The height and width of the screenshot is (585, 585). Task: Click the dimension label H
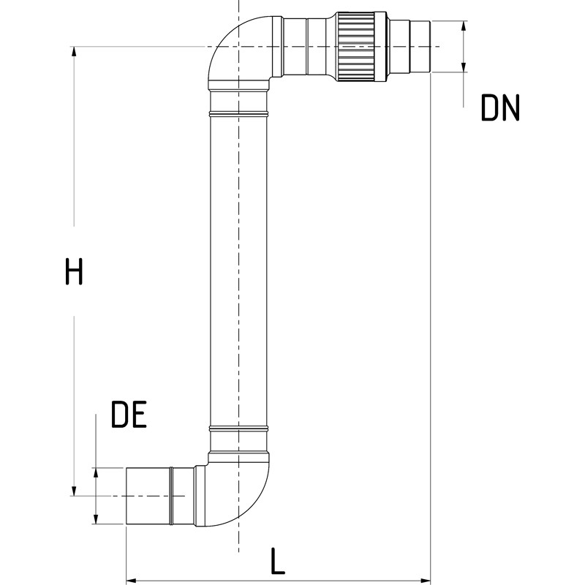(x=74, y=271)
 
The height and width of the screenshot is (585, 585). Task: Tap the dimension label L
(x=277, y=561)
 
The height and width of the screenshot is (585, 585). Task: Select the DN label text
(x=500, y=107)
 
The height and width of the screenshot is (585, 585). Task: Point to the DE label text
(x=129, y=414)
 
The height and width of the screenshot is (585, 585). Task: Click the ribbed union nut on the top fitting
(x=357, y=47)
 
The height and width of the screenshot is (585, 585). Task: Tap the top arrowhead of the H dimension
(x=75, y=51)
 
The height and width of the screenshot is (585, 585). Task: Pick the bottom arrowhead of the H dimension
(x=75, y=491)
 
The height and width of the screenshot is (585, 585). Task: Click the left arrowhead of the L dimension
(x=132, y=581)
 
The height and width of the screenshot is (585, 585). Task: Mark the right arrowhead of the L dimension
(x=426, y=581)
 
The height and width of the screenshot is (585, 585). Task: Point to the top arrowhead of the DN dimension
(x=464, y=26)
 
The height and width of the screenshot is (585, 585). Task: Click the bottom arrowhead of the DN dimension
(x=464, y=67)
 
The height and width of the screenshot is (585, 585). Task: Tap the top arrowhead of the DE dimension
(x=96, y=473)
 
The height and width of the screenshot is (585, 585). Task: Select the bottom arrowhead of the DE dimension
(x=96, y=519)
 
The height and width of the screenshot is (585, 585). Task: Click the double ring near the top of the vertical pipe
(x=238, y=113)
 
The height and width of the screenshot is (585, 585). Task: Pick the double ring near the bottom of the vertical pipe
(x=238, y=429)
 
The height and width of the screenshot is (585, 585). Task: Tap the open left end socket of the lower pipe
(x=148, y=496)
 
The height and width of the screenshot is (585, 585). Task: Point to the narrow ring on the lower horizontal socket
(x=171, y=496)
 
